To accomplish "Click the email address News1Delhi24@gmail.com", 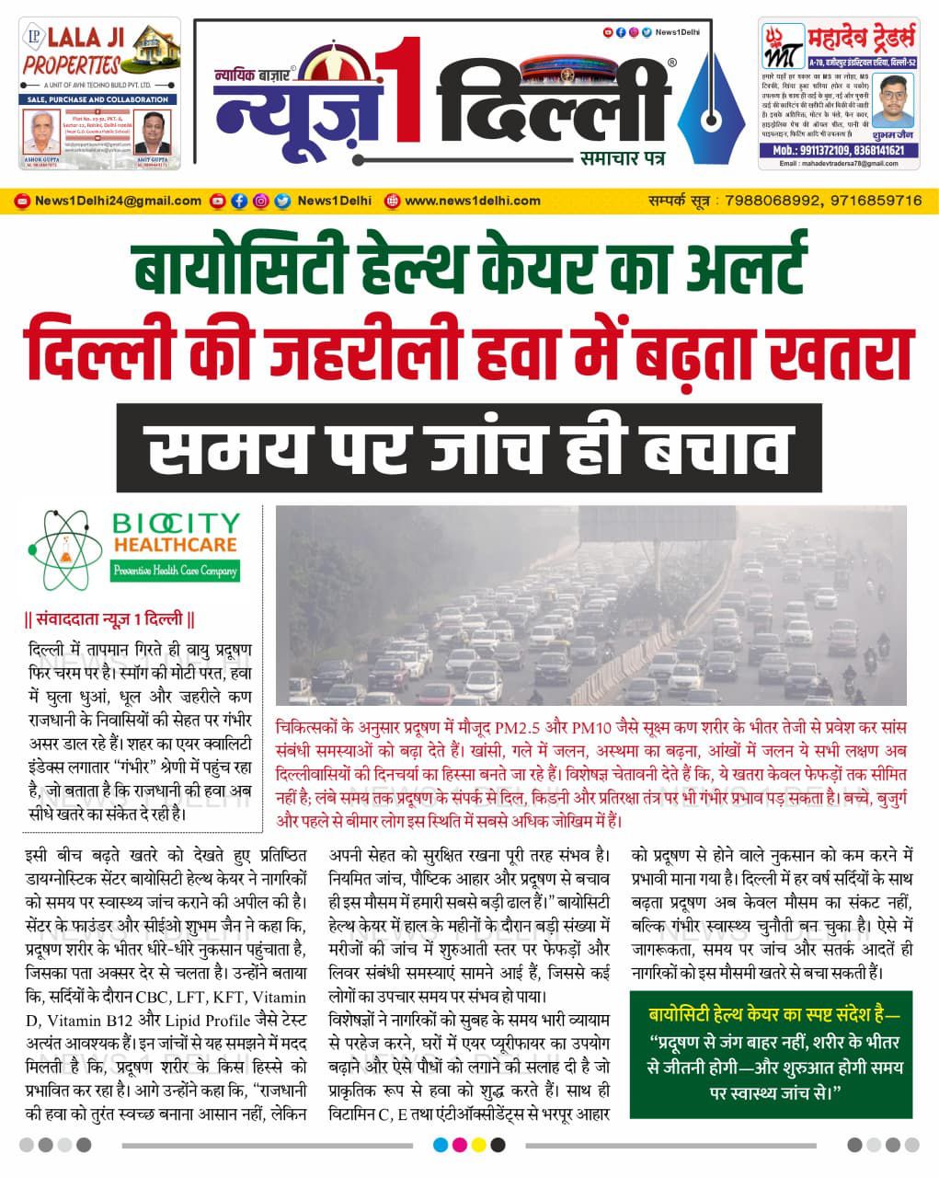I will [x=117, y=201].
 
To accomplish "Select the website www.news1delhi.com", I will [x=472, y=201].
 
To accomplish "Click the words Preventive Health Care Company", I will [x=175, y=572].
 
